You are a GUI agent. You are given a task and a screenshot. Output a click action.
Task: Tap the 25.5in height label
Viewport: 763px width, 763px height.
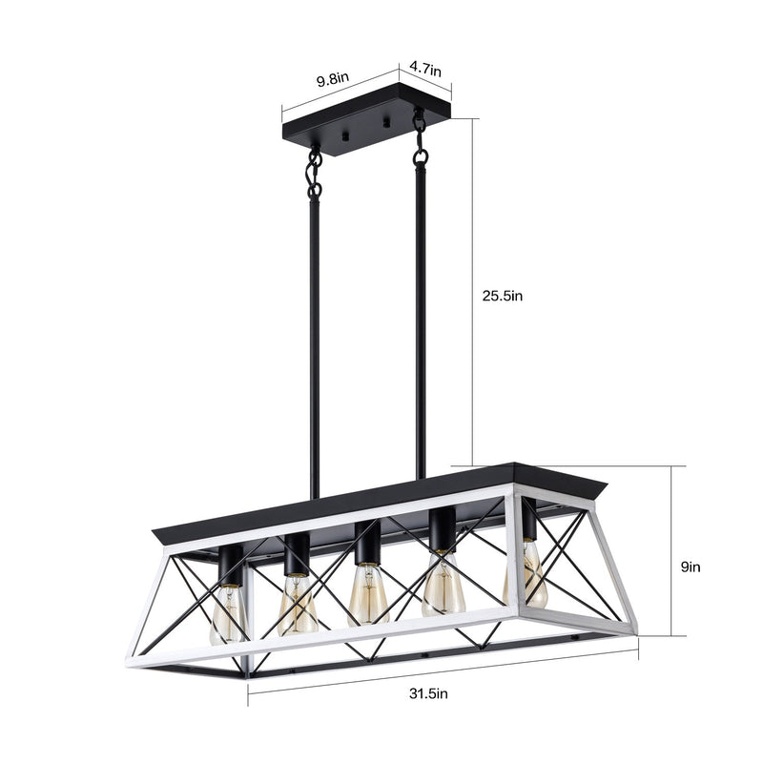[502, 297]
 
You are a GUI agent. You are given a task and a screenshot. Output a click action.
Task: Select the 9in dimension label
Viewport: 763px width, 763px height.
[691, 566]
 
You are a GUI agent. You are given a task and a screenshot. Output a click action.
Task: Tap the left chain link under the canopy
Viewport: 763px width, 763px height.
[313, 172]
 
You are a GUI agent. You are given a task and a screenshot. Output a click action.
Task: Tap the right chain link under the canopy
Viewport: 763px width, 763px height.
[419, 138]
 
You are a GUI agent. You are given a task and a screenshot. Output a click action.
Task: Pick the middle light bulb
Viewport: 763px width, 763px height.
[367, 594]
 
